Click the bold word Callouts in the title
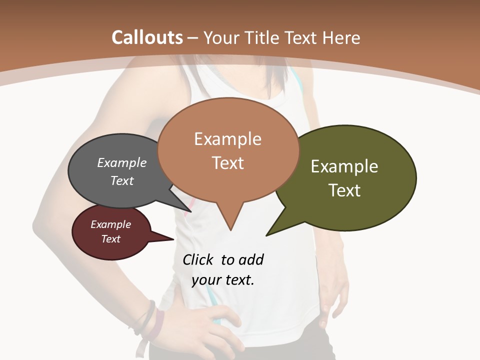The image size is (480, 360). pyautogui.click(x=147, y=37)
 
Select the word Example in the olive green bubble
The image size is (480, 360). pyautogui.click(x=344, y=166)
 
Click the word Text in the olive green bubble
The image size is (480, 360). pyautogui.click(x=344, y=190)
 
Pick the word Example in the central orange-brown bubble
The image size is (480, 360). pyautogui.click(x=228, y=139)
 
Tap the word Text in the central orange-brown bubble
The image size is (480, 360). pyautogui.click(x=228, y=163)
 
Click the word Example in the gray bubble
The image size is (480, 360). pyautogui.click(x=122, y=163)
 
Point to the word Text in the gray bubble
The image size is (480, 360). pyautogui.click(x=122, y=180)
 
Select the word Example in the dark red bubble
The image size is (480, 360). pyautogui.click(x=111, y=224)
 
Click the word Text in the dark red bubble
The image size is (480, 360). pyautogui.click(x=111, y=239)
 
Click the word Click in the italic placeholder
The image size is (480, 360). pyautogui.click(x=199, y=260)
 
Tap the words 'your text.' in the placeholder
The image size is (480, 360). pyautogui.click(x=223, y=280)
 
